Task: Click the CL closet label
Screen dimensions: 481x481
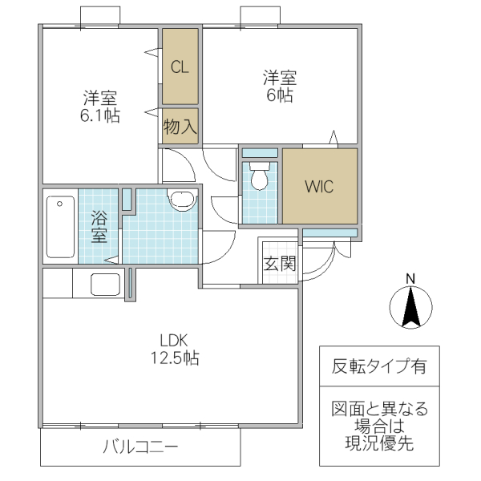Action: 180,67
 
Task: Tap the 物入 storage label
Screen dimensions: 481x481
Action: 180,126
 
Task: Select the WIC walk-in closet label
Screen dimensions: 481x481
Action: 317,186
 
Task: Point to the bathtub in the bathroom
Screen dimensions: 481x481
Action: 59,227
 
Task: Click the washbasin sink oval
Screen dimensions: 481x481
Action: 181,200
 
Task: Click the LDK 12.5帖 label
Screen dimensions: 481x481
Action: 178,348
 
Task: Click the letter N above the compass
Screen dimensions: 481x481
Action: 410,278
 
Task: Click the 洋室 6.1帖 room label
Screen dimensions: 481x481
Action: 100,107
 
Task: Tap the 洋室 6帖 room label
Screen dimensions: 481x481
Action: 280,86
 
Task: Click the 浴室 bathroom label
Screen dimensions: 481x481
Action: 99,226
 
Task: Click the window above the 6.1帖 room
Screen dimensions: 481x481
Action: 101,17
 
